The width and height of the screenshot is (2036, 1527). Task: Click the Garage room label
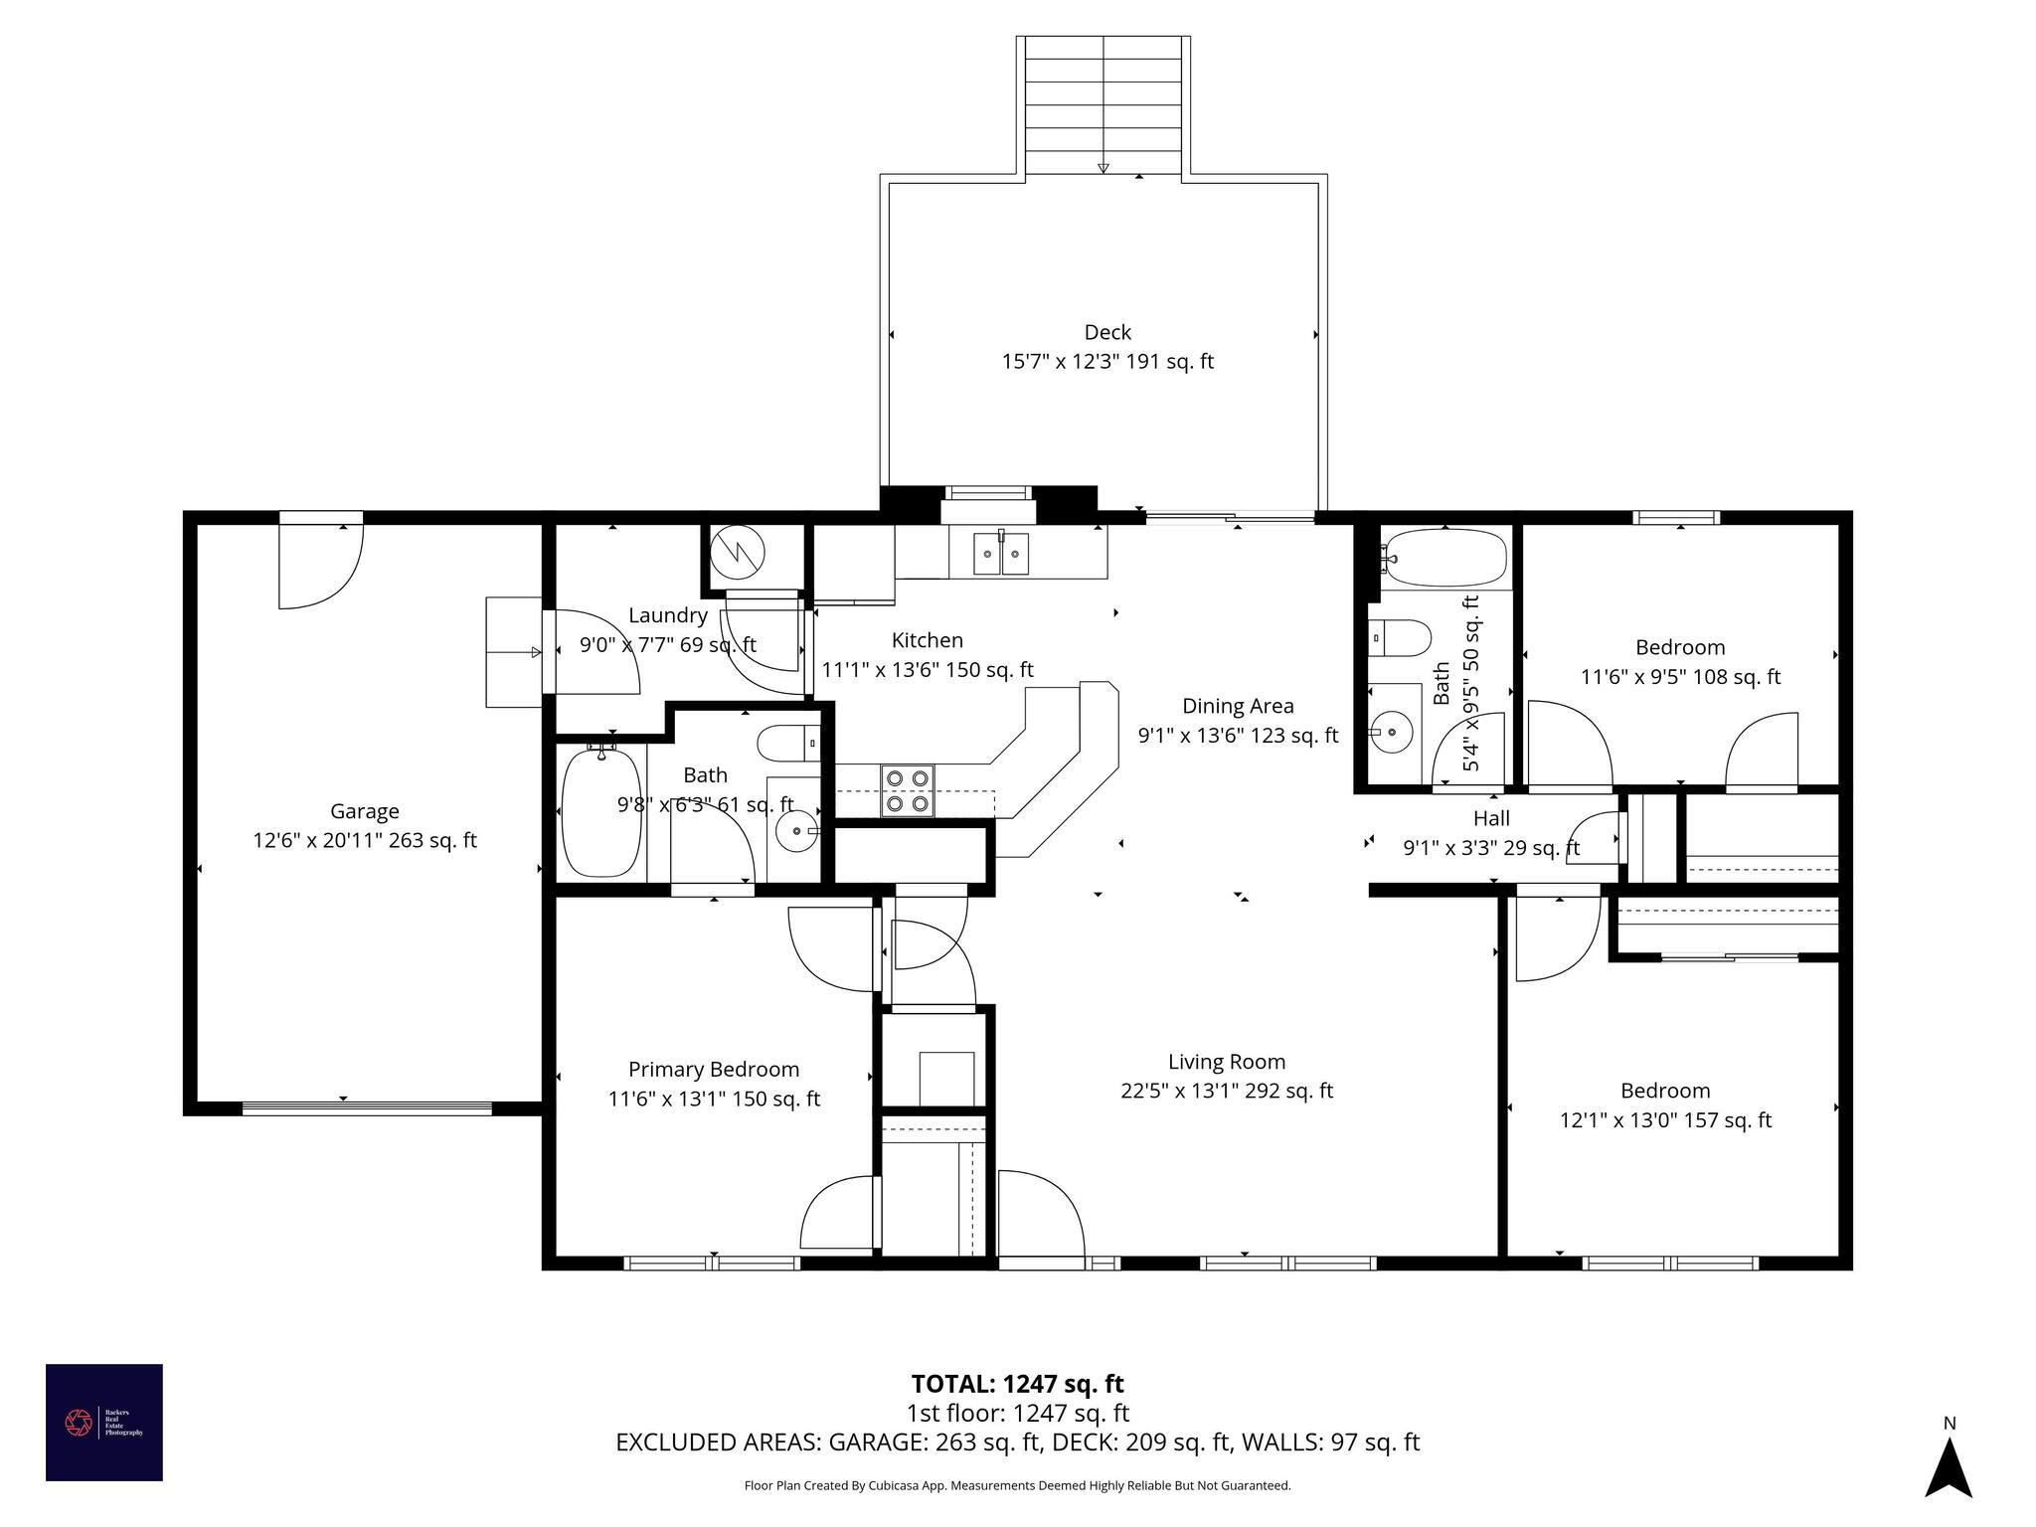(x=365, y=811)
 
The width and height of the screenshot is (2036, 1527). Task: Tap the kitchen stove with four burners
(x=907, y=790)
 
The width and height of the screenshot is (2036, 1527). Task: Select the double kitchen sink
(x=1001, y=554)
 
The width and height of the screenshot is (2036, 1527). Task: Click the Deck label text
(x=1107, y=332)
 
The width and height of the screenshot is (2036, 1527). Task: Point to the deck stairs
(x=1103, y=104)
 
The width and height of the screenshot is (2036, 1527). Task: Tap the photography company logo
(x=103, y=1423)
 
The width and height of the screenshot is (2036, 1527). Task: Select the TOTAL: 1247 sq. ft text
(x=1017, y=1384)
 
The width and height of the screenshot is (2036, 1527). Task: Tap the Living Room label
(x=1227, y=1062)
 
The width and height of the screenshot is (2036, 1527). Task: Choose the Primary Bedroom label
(x=714, y=1070)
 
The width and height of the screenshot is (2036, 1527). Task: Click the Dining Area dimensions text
(x=1238, y=736)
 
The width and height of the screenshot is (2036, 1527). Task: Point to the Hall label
(x=1491, y=818)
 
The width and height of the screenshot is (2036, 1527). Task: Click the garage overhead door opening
(x=367, y=1108)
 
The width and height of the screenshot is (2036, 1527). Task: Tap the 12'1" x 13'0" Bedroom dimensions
(x=1665, y=1120)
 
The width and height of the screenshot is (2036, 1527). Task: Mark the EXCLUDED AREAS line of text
(x=1017, y=1442)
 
